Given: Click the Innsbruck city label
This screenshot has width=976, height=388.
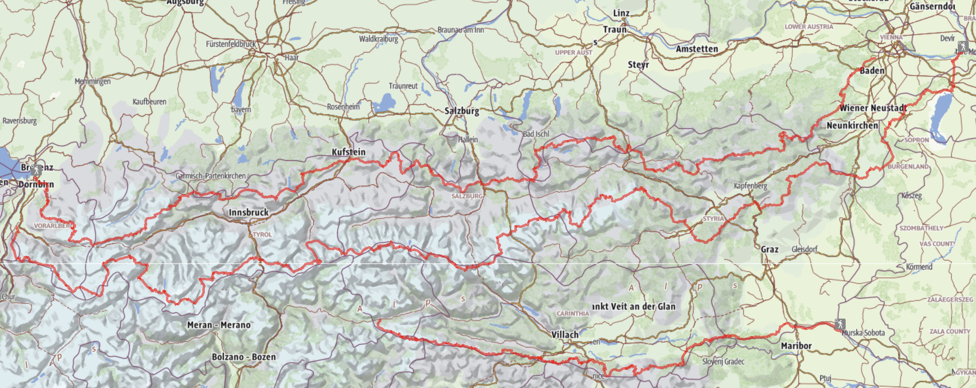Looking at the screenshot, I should click(x=249, y=212).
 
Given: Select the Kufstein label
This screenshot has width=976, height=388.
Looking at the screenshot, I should click(x=349, y=152).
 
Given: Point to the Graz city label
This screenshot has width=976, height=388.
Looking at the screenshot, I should click(x=770, y=249).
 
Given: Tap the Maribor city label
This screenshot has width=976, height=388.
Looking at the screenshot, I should click(x=796, y=346).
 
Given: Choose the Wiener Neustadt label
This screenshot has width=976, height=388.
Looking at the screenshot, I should click(x=873, y=108).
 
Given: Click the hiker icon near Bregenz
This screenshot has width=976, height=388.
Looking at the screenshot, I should click(x=36, y=170).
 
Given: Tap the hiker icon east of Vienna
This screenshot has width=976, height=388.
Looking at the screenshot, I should click(x=963, y=47).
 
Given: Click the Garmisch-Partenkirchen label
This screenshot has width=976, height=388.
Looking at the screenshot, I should click(x=210, y=176).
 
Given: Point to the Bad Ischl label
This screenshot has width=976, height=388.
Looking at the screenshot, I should click(x=536, y=134).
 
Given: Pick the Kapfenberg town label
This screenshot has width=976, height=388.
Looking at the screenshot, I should click(x=750, y=186).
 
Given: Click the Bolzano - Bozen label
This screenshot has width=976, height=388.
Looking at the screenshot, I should click(x=244, y=357).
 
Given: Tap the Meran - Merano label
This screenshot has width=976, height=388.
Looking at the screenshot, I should click(x=219, y=325).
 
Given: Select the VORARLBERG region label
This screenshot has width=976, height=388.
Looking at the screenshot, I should click(x=54, y=226).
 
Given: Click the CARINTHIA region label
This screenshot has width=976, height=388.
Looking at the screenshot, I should click(x=573, y=314).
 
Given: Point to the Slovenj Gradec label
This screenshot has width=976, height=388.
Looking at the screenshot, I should click(x=723, y=361).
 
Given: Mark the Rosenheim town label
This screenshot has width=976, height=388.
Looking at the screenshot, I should click(x=343, y=107).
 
